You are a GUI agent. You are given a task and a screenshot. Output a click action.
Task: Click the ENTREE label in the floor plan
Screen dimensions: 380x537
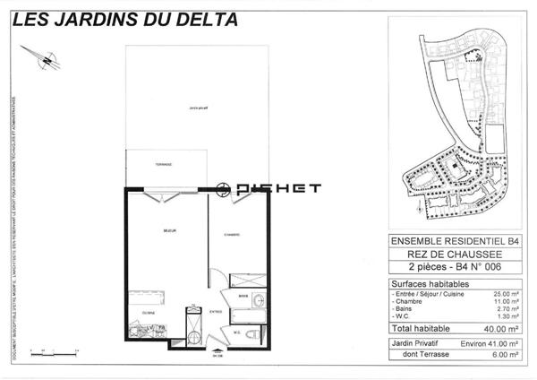coord(216,311)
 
